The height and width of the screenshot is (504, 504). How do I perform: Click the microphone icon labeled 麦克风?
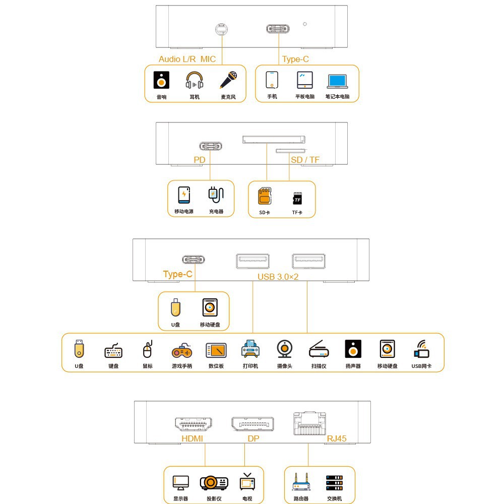coord(228,80)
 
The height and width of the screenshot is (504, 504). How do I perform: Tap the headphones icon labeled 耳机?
coord(195,80)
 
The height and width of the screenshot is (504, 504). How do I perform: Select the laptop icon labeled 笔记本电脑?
coord(338,81)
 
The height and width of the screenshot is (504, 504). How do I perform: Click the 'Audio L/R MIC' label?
coord(187,59)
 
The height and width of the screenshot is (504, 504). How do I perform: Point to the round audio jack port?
coord(221,29)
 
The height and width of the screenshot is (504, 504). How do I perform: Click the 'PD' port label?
coord(199,160)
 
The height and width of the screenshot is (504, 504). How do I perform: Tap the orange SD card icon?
coord(265,196)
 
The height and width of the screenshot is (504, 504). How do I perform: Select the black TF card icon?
coord(298,198)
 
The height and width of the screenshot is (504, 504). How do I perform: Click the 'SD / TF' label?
coord(305,160)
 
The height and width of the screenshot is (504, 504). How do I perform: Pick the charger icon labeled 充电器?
coord(216,195)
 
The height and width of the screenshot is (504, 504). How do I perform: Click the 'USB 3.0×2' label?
coord(278,277)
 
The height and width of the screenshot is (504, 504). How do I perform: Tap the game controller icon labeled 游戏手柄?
coord(182,351)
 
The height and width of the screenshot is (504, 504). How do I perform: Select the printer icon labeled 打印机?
coord(250,349)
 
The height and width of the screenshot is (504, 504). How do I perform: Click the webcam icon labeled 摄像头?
coord(285,349)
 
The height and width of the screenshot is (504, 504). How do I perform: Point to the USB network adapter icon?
coord(422,349)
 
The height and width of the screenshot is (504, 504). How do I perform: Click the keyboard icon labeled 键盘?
coord(113,351)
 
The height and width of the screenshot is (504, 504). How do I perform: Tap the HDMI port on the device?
coord(194,424)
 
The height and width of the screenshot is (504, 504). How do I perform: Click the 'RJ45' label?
coord(337,438)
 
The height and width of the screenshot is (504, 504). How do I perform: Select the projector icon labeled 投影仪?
coord(214,483)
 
